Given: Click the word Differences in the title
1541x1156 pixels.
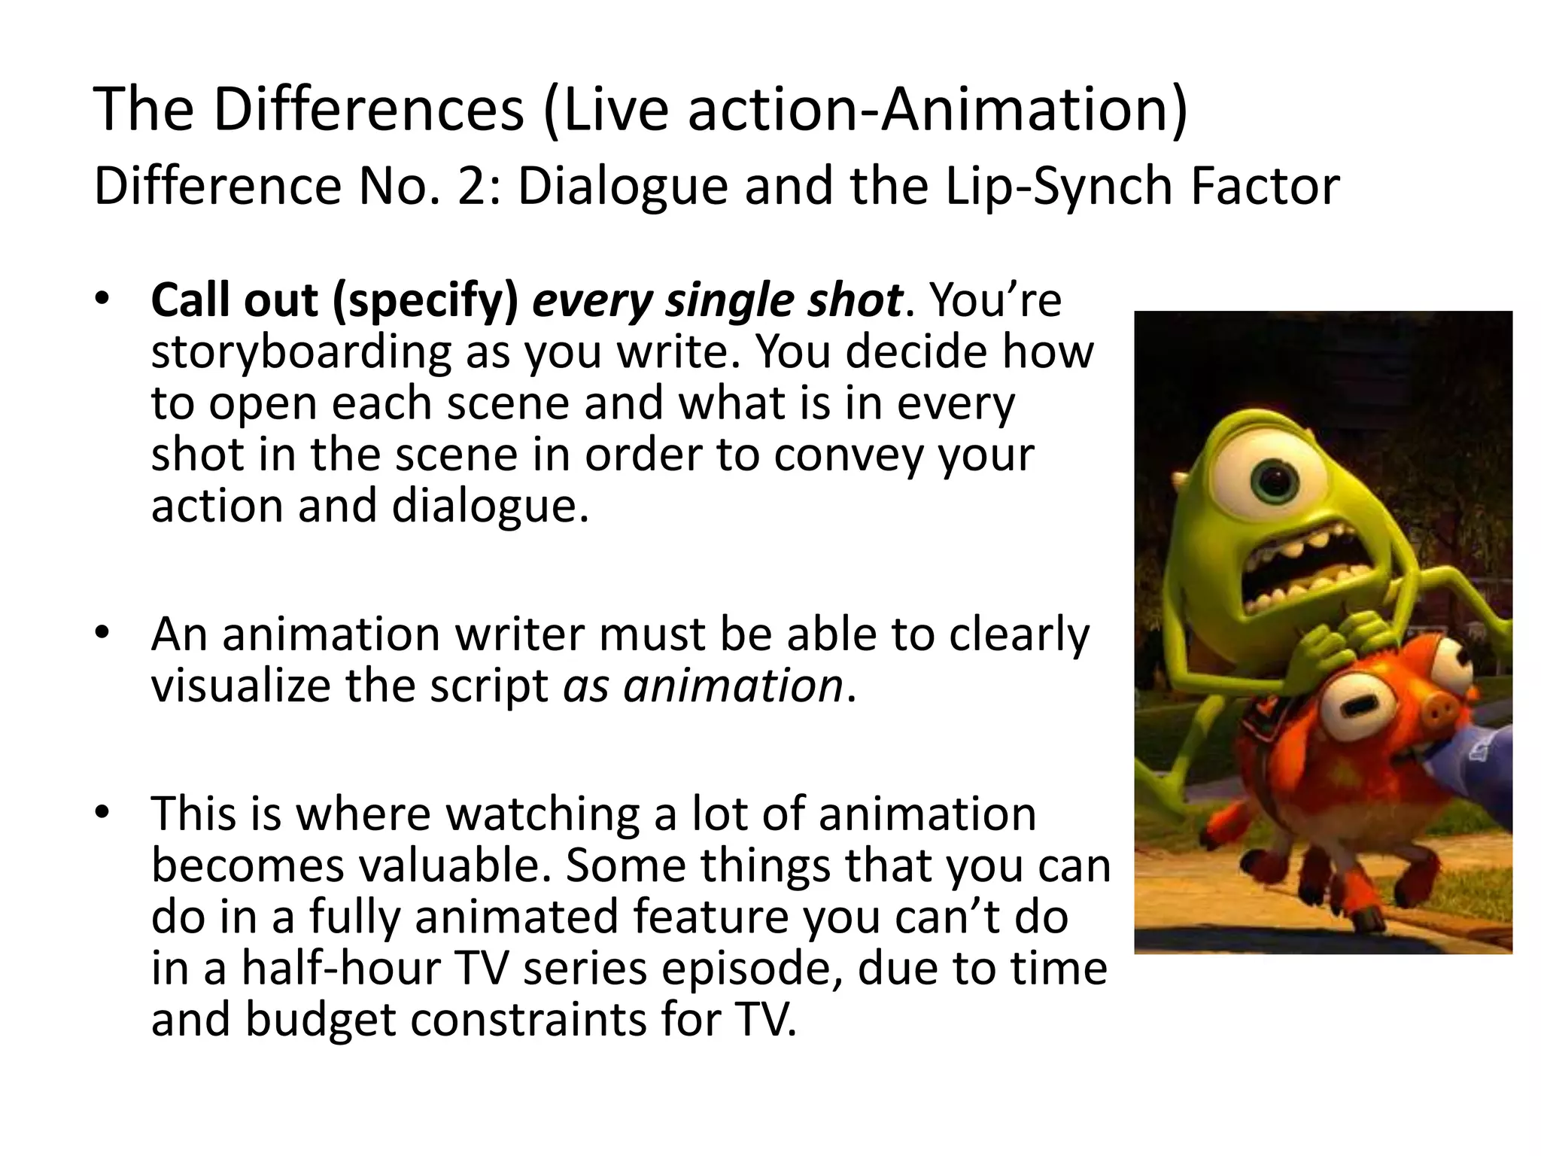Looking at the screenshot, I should point(369,110).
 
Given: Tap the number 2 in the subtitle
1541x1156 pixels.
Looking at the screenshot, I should point(473,187).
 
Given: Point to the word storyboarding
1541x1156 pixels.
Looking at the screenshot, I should point(300,352).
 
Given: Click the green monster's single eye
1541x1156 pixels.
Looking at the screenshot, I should point(1273,481).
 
